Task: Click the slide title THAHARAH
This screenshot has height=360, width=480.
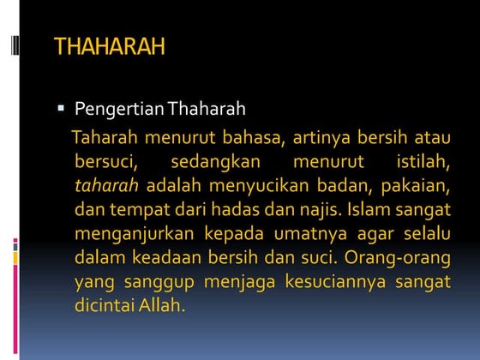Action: [x=109, y=47]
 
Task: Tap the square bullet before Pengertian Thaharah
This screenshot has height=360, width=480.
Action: [x=61, y=110]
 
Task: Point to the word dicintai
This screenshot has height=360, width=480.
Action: [x=105, y=304]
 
